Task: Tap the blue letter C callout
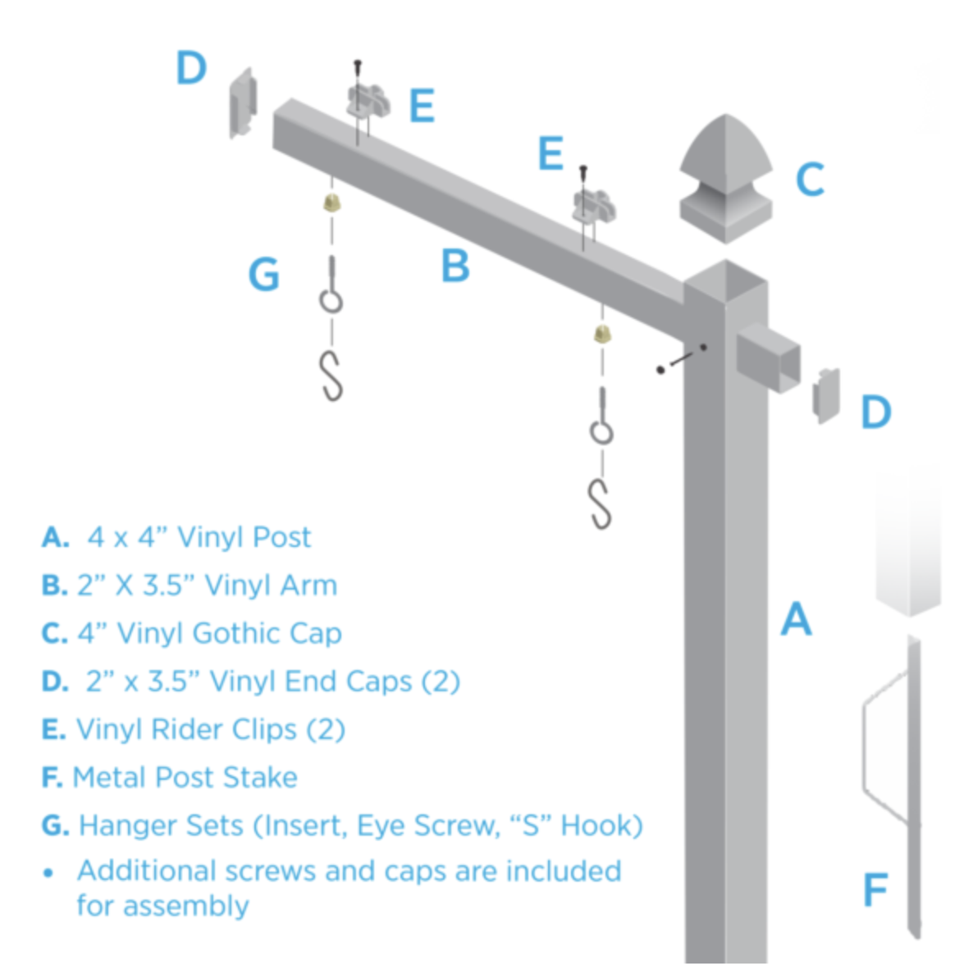[x=810, y=180]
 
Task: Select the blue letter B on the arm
[x=455, y=266]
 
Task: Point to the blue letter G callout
[x=263, y=274]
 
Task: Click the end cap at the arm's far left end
[x=243, y=103]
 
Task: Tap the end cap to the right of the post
[x=826, y=395]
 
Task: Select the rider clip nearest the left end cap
[x=368, y=103]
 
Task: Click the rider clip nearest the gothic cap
[x=594, y=207]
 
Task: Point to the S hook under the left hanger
[x=331, y=376]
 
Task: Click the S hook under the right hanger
[x=600, y=504]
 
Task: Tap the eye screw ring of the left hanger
[x=331, y=302]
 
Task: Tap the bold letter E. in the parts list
[x=53, y=729]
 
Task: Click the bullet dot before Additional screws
[x=48, y=873]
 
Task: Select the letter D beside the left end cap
[x=191, y=67]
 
